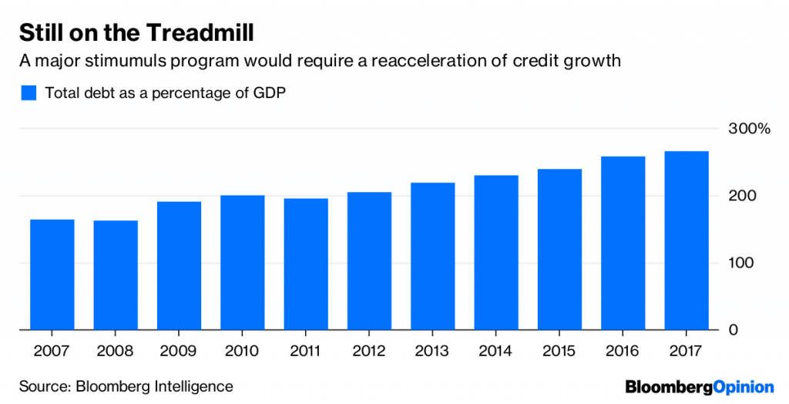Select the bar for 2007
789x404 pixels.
[52, 274]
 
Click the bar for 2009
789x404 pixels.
[179, 266]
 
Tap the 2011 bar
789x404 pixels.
[306, 264]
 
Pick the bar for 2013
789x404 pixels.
[432, 256]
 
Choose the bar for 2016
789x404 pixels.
[623, 243]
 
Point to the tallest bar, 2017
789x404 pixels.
[686, 241]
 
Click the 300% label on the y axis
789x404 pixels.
[748, 129]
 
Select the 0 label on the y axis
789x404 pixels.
[733, 330]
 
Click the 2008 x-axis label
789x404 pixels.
[116, 351]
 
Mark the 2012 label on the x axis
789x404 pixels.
[369, 351]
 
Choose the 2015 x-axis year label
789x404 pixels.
[559, 351]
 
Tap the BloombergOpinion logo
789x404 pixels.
[699, 385]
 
